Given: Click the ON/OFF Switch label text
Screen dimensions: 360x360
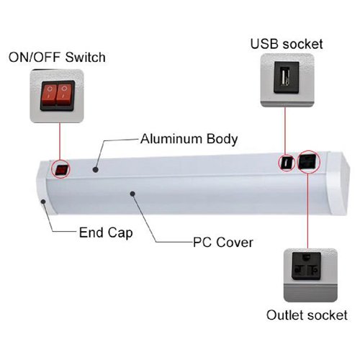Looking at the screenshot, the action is [57, 58].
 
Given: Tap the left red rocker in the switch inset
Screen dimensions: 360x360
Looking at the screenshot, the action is [50, 95].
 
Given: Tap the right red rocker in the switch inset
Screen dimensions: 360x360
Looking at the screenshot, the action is [64, 95].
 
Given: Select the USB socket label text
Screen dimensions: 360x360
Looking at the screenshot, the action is [287, 44].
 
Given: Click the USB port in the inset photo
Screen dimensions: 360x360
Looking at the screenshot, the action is [287, 77].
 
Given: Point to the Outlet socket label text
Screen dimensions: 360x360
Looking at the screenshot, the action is [307, 315].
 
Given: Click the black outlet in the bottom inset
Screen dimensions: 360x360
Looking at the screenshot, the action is [307, 266].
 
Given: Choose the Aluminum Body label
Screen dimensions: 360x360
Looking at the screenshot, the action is [189, 139].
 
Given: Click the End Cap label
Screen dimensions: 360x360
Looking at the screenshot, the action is [106, 233].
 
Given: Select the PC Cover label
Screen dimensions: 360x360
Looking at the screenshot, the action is [223, 243].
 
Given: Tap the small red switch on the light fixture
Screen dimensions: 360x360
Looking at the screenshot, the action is [61, 170].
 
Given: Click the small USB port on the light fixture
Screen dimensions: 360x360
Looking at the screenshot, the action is [287, 163].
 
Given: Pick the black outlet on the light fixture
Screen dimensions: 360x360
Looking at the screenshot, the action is [308, 161].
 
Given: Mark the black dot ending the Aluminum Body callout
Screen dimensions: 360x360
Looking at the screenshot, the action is [96, 170].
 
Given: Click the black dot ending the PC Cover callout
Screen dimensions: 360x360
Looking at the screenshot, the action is [132, 194].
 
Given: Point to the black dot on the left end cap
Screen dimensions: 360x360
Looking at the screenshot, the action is [43, 202].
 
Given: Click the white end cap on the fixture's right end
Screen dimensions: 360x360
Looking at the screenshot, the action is [338, 183].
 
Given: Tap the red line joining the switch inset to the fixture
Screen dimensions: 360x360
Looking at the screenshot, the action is [60, 143].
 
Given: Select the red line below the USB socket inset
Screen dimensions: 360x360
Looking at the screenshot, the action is [285, 130].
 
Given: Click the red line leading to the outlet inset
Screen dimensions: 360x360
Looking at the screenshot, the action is [307, 210].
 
